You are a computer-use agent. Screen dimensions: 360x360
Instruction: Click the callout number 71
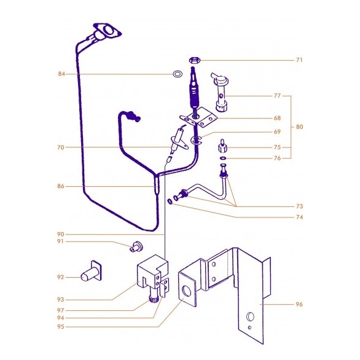point(299,60)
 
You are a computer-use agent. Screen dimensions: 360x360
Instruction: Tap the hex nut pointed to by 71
point(195,61)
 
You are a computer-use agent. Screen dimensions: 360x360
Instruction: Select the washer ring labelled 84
point(176,74)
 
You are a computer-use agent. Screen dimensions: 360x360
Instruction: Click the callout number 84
point(61,74)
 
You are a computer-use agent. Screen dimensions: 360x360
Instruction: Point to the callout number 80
point(299,127)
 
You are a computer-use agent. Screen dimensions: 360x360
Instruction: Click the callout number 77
point(277,96)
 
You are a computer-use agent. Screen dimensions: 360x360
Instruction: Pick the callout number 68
point(277,118)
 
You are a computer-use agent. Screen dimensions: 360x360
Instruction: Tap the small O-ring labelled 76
point(223,158)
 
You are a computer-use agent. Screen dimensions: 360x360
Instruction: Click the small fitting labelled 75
point(222,146)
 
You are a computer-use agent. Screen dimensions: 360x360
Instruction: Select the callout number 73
point(299,206)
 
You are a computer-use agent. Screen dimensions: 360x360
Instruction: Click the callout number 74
point(299,217)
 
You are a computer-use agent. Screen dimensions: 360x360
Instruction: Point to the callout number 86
point(61,186)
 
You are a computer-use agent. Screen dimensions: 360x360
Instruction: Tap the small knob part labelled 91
point(136,247)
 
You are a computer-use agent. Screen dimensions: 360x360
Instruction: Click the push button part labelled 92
point(92,272)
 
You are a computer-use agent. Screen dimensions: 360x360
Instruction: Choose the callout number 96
point(299,305)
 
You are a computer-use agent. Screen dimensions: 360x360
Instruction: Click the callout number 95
point(61,327)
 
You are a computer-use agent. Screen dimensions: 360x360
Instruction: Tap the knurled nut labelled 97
point(154,300)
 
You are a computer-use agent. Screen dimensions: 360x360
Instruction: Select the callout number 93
point(61,300)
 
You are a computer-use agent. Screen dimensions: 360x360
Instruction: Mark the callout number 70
point(61,147)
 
